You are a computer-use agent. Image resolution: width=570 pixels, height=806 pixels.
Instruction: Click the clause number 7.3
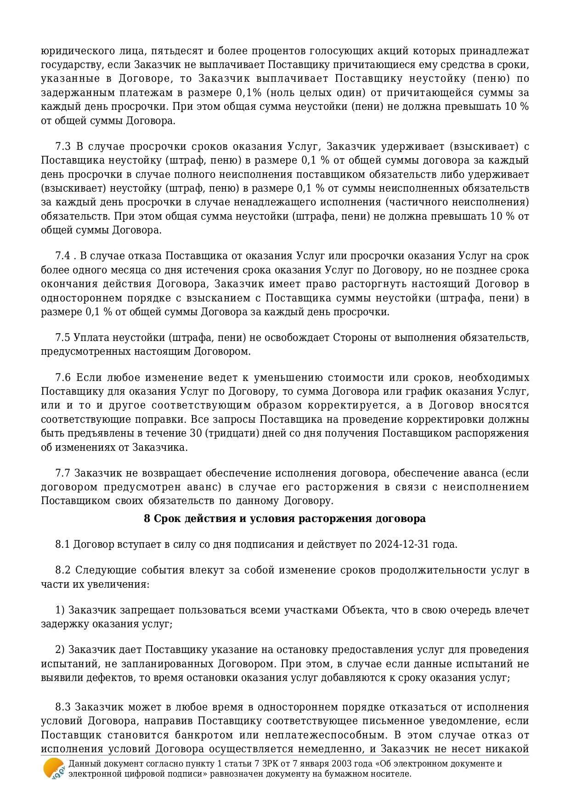63,147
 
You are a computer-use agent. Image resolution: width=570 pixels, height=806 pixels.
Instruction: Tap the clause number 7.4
63,256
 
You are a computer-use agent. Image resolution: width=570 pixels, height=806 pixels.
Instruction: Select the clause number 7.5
63,338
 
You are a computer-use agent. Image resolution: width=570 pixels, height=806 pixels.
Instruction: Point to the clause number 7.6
63,378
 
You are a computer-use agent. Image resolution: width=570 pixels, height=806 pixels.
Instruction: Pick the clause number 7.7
63,473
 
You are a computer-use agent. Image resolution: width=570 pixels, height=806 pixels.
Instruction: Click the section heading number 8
147,519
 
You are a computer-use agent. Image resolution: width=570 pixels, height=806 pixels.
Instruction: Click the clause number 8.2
63,570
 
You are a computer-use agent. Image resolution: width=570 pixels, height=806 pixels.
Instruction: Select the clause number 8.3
63,707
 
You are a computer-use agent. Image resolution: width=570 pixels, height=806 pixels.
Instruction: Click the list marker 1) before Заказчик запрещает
60,610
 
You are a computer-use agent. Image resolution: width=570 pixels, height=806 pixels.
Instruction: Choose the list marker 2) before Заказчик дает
60,650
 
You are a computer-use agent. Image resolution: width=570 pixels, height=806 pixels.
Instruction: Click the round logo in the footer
54,768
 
